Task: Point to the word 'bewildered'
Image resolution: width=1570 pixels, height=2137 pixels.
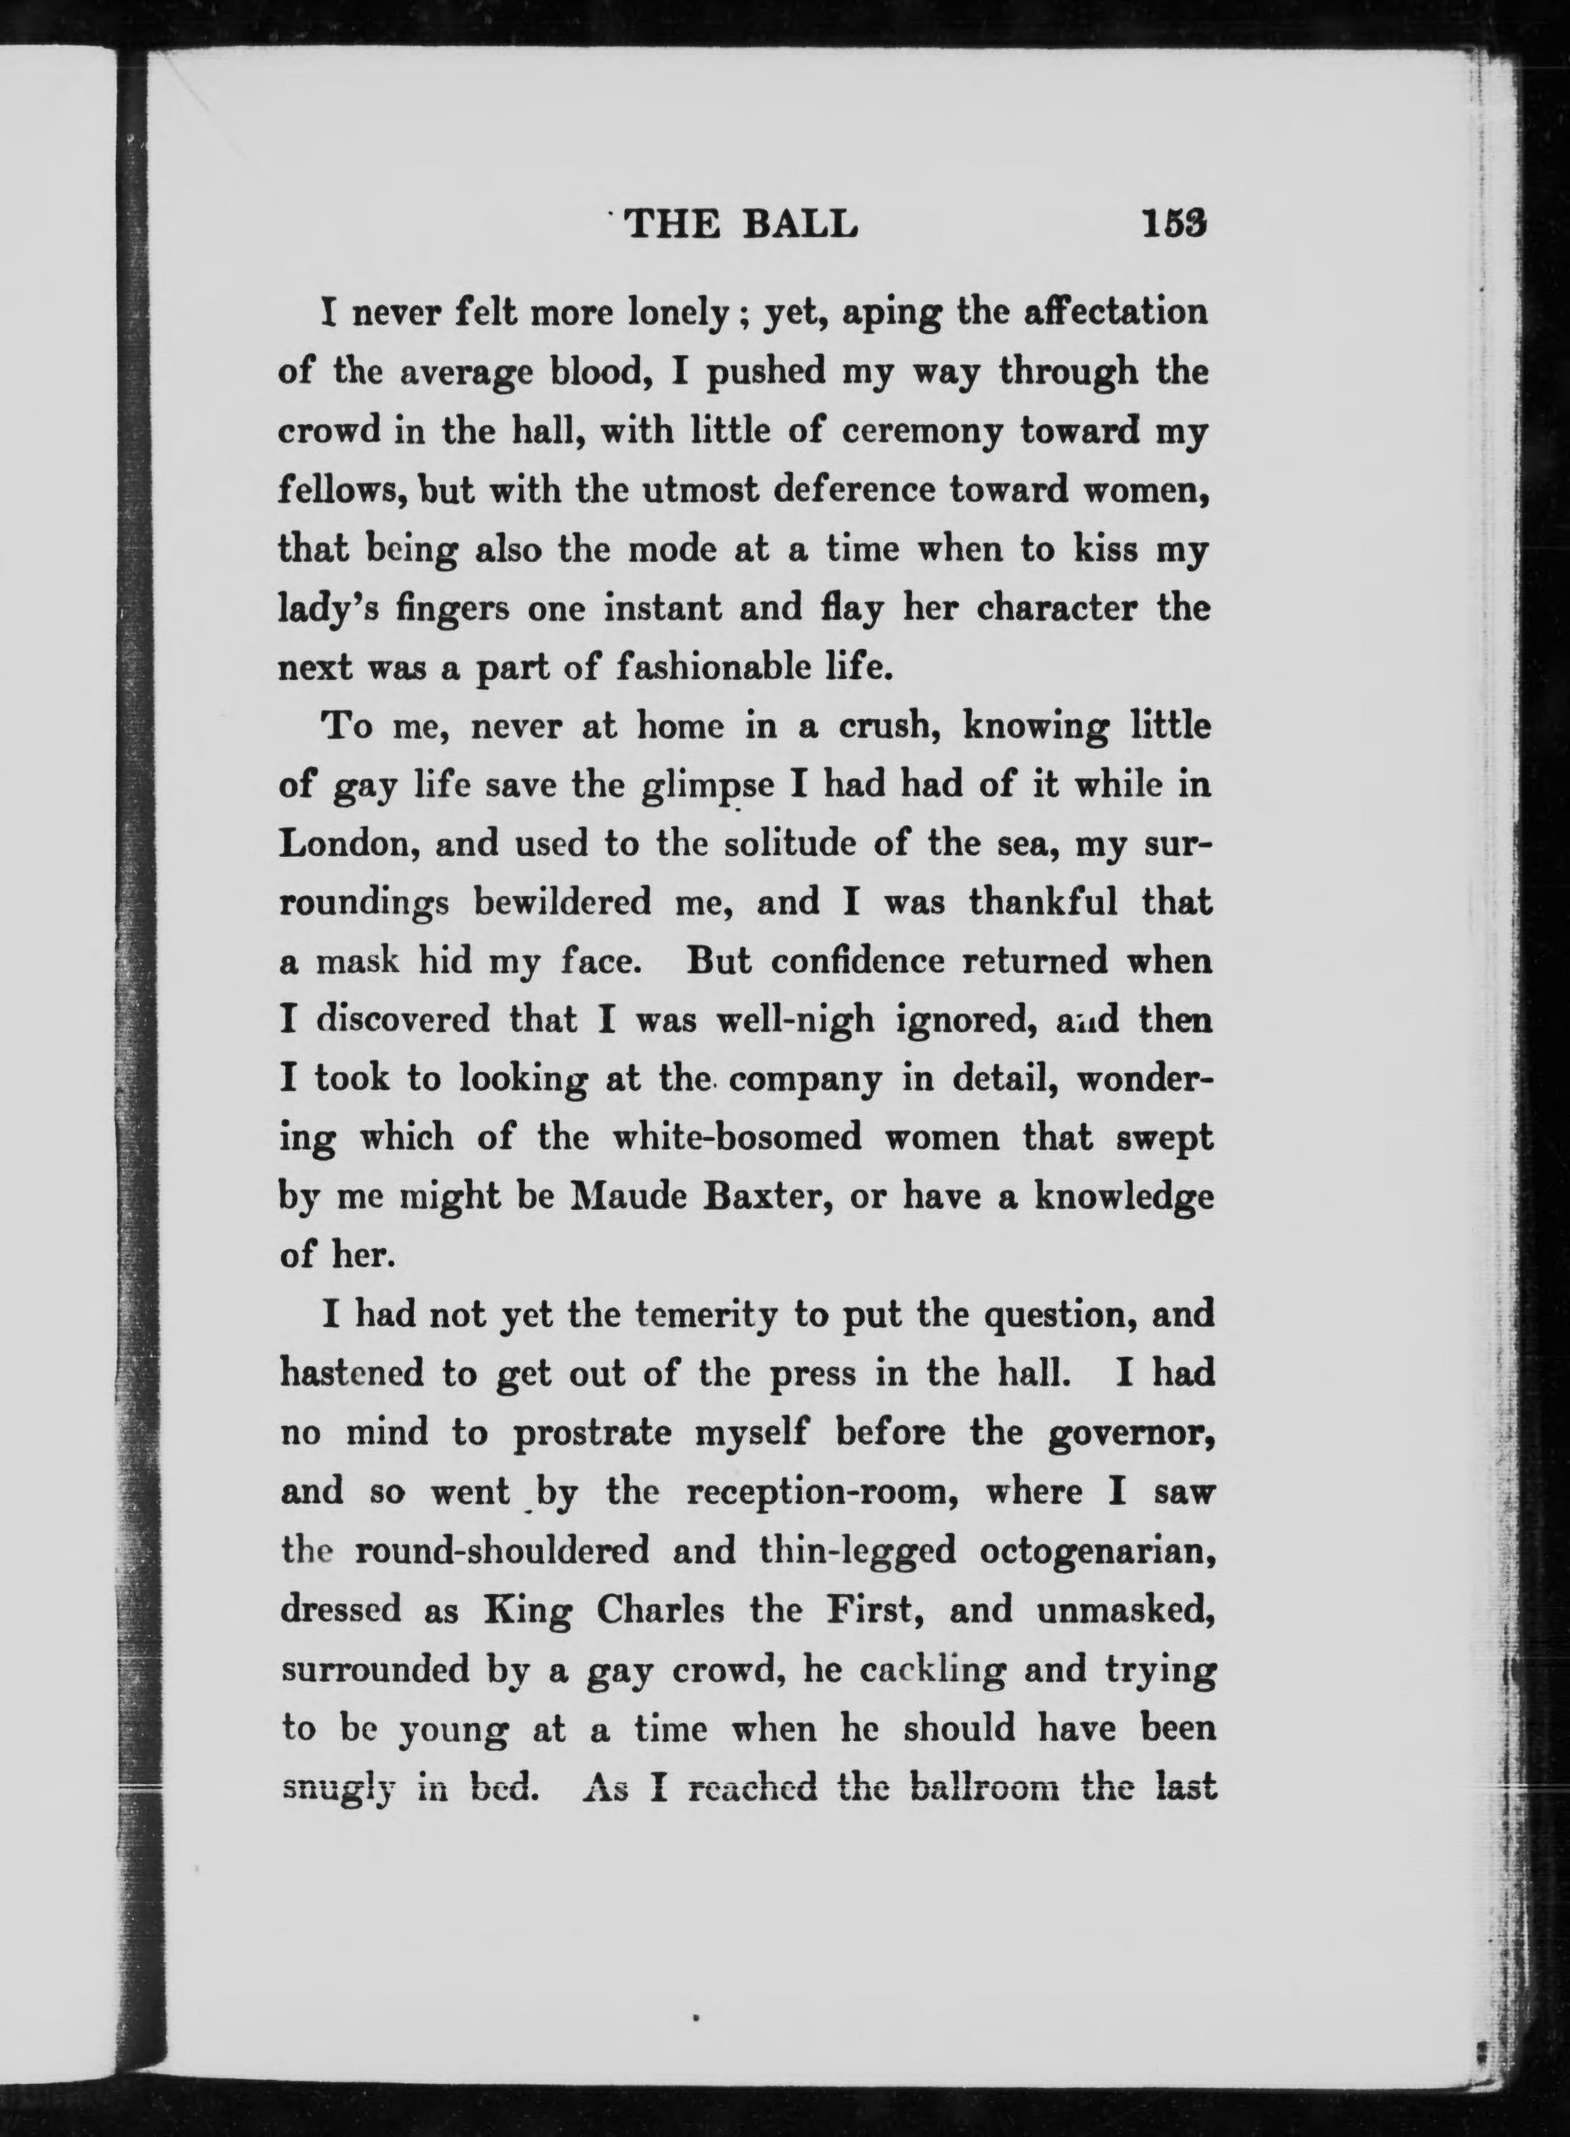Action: click(x=562, y=902)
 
